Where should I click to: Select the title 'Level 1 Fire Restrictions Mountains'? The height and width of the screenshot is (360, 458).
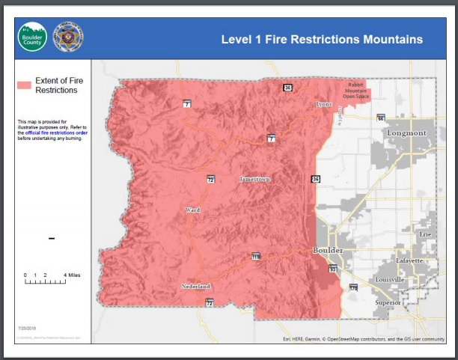coord(322,38)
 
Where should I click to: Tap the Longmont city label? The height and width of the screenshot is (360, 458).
coord(406,133)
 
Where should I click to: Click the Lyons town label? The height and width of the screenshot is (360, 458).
coord(324,104)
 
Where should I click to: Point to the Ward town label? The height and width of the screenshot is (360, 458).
coord(192,210)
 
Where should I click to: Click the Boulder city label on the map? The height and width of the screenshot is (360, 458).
coord(328,250)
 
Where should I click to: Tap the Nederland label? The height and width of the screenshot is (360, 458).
coord(195,287)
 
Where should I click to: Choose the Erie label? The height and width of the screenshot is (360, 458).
coord(425,234)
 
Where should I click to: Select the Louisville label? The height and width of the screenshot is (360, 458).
coord(389,279)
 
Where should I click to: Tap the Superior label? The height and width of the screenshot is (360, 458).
coord(388,303)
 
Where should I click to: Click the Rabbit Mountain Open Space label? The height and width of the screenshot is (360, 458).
coord(357,91)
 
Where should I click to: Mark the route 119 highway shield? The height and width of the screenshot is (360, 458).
coord(256,257)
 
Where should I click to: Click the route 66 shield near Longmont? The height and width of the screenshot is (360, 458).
coord(380,118)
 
